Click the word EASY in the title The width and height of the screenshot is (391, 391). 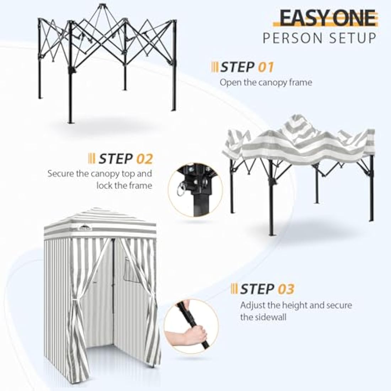(x=301, y=18)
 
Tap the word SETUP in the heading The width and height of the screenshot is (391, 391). (x=356, y=38)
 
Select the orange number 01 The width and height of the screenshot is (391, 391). (x=266, y=67)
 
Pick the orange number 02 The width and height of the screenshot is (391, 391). (x=144, y=159)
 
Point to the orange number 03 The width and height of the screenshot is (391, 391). (x=286, y=289)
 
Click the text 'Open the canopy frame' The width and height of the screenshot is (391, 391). (x=266, y=82)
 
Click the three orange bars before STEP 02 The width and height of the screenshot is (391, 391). (x=91, y=159)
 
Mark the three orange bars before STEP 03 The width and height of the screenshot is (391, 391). (x=234, y=289)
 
